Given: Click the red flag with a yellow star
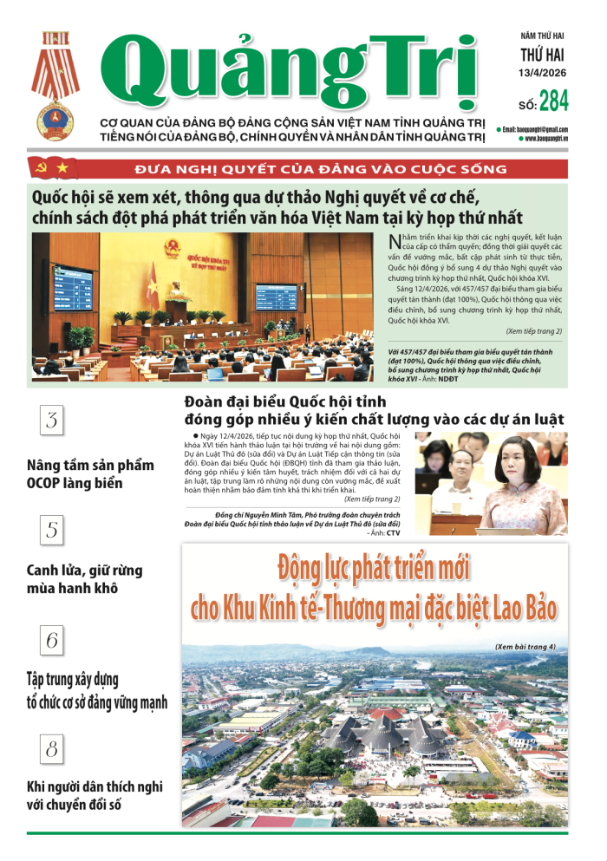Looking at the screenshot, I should point(67,167).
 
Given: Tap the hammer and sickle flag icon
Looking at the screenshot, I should point(40,167).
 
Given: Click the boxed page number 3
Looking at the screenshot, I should point(52,422).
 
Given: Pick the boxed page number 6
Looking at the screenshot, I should point(52,641).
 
